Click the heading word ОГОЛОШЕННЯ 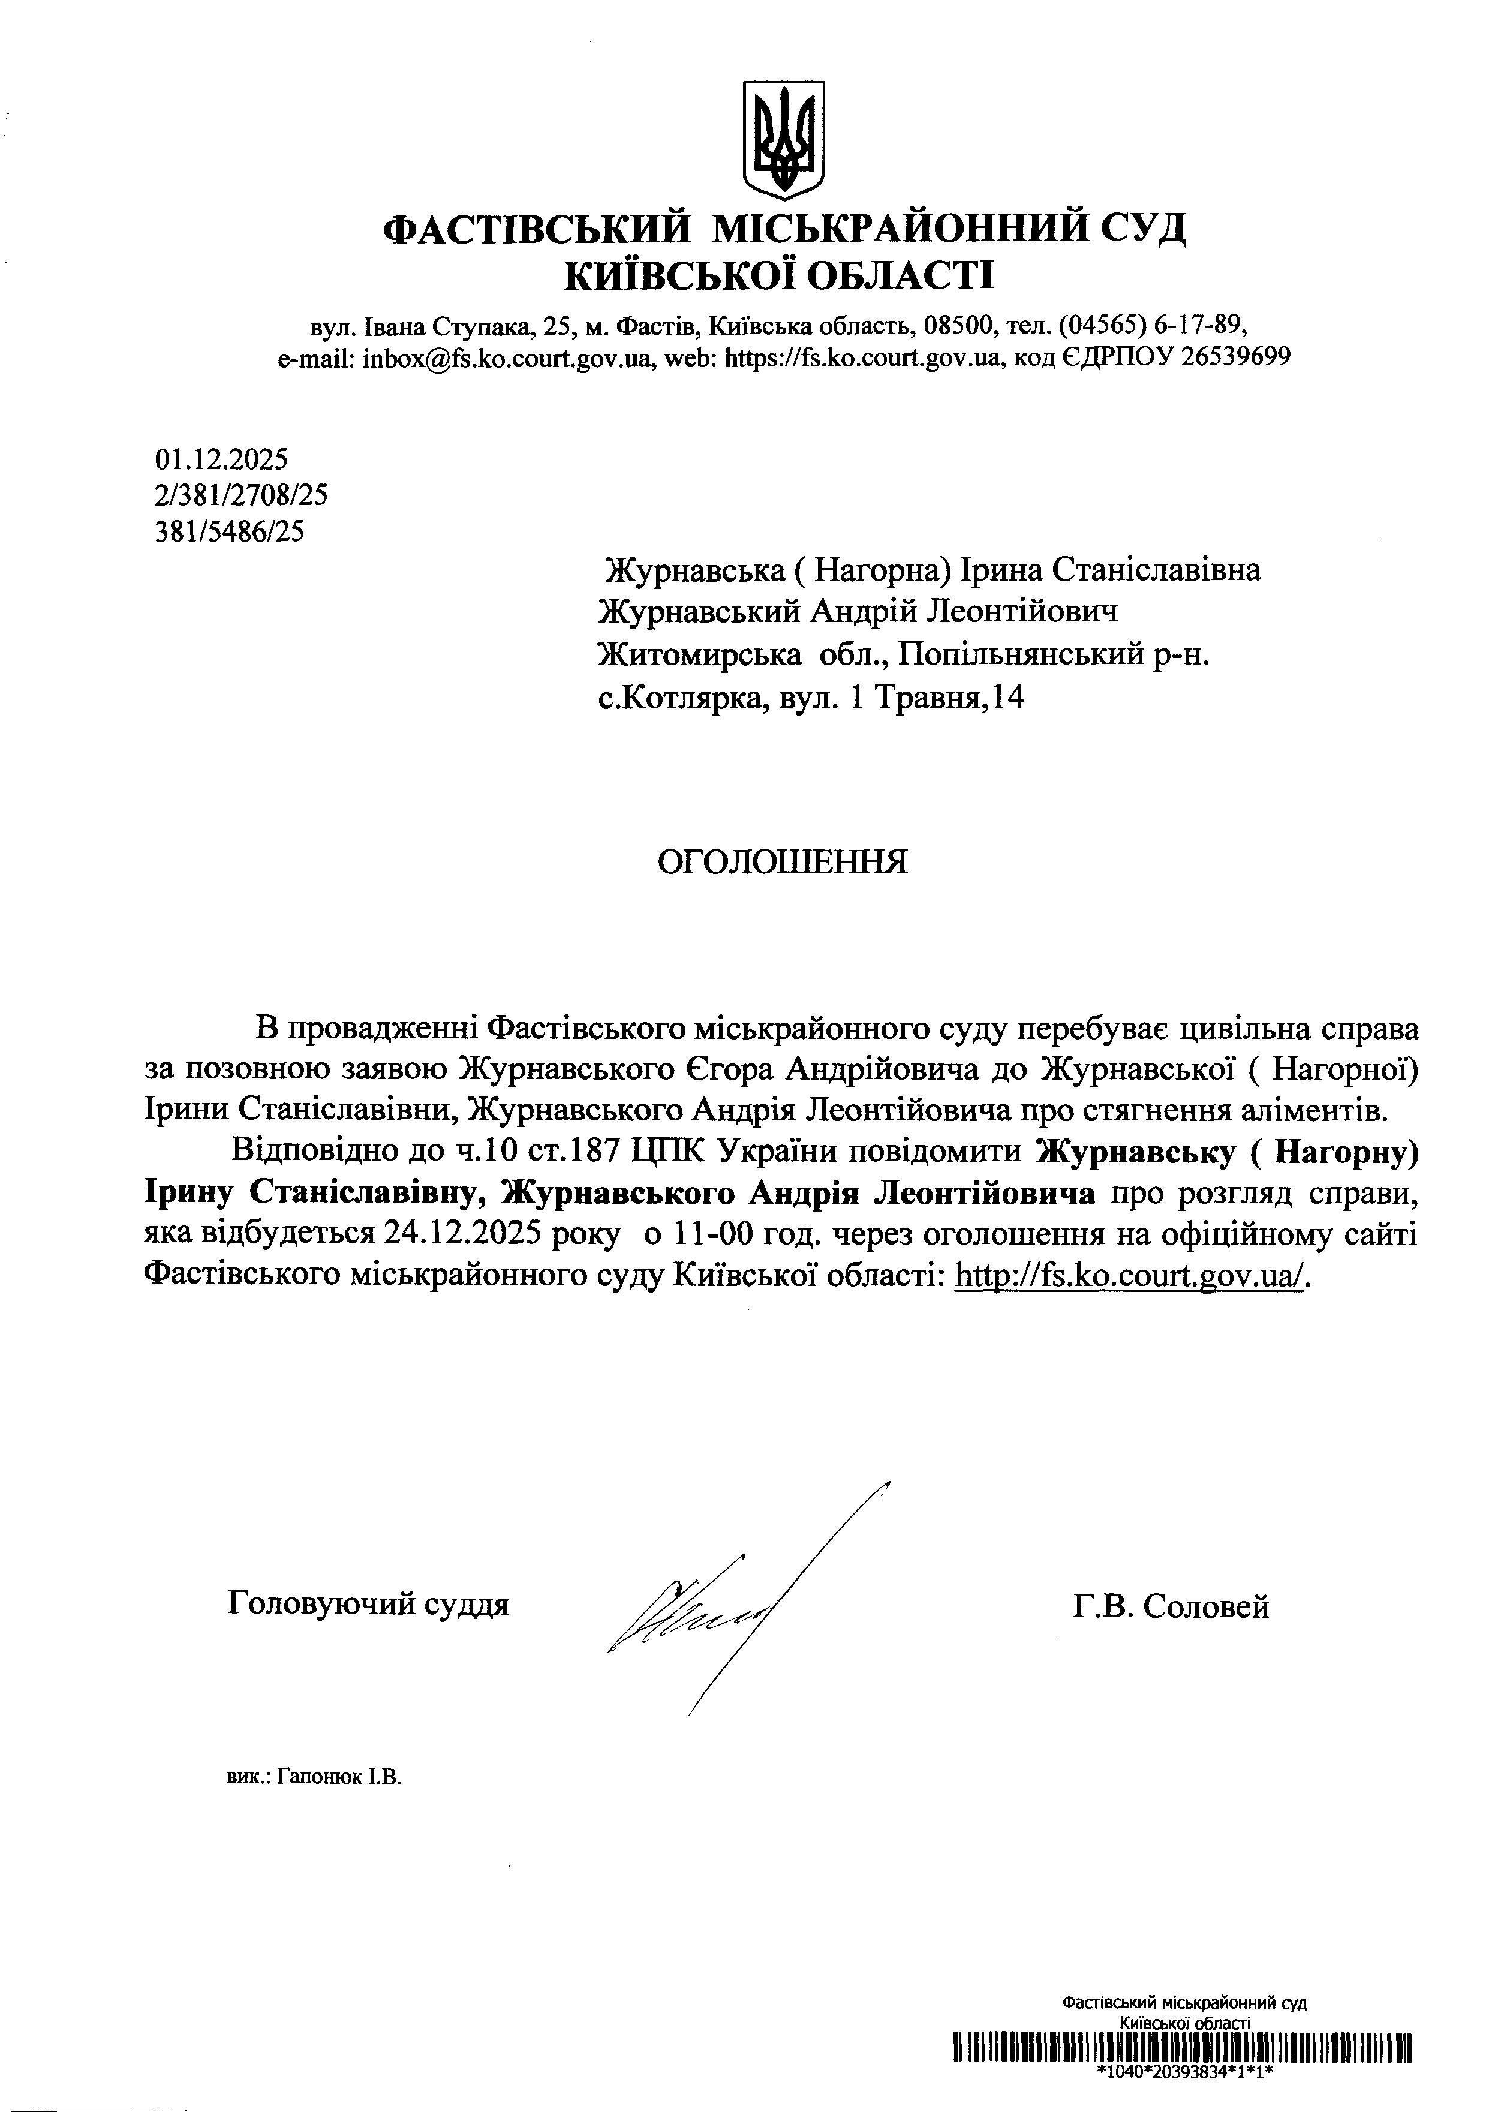pyautogui.click(x=782, y=862)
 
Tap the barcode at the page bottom pyautogui.click(x=1183, y=2047)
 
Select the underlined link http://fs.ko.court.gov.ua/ pyautogui.click(x=1131, y=1276)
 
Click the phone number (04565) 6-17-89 pyautogui.click(x=1152, y=325)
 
